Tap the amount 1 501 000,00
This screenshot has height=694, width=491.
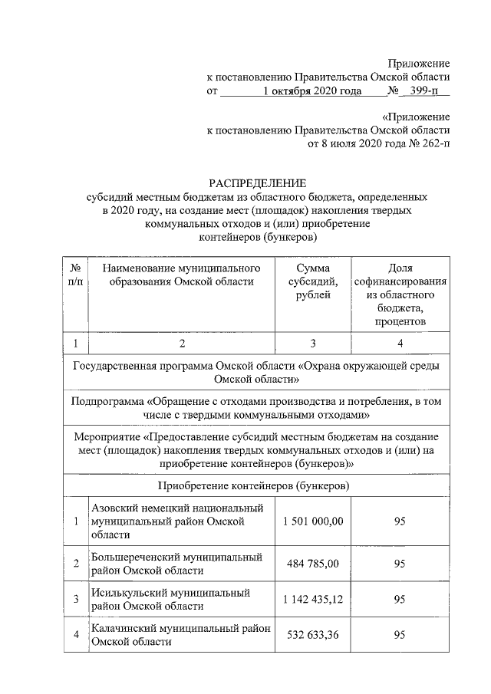[313, 521]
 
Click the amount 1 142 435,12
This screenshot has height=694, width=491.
[313, 599]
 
